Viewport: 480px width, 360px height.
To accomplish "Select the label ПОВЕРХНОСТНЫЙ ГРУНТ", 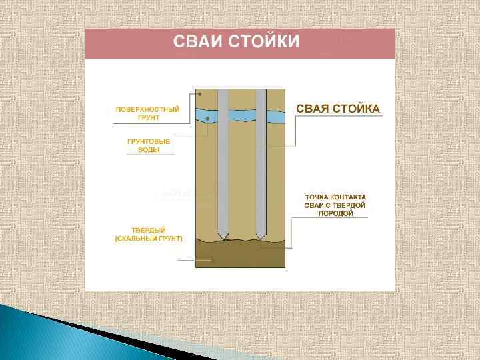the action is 147,113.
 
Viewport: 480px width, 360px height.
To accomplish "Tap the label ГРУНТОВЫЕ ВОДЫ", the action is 148,145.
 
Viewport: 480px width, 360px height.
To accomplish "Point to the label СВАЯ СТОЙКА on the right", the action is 337,108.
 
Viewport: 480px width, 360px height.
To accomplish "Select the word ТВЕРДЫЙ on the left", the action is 148,230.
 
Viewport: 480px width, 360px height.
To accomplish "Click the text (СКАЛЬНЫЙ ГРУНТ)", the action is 148,238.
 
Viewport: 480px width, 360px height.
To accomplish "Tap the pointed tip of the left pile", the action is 223,238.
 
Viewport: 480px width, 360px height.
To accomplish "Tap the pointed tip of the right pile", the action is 261,238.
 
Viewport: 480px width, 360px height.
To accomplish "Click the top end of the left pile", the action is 223,91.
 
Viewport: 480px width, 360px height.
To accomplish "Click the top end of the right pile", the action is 261,91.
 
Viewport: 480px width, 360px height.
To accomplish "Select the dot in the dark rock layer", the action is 213,261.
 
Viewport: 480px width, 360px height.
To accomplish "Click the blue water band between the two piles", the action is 241,115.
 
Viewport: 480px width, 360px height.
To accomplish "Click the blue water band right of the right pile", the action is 275,117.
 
